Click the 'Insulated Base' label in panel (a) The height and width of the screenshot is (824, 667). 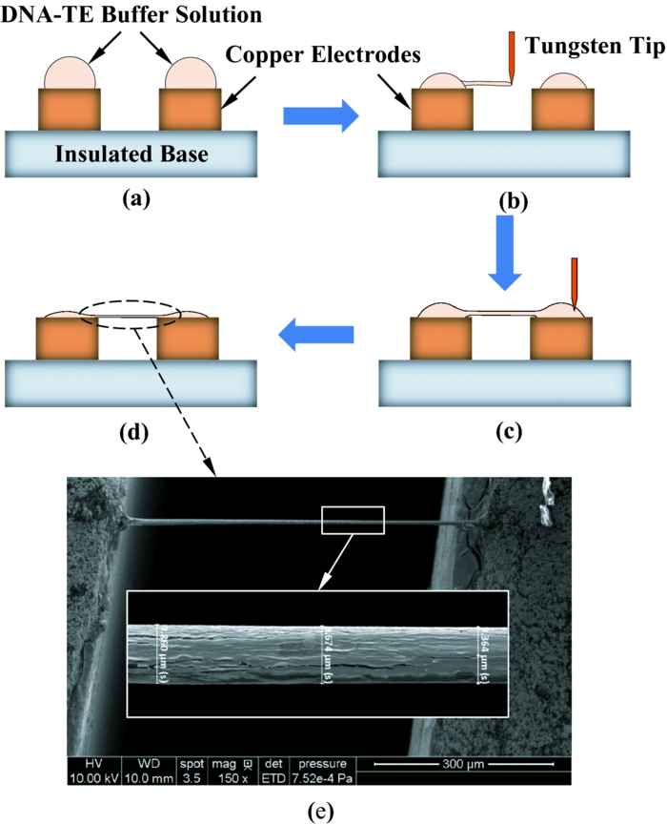point(130,153)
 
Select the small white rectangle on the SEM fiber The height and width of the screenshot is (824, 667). point(353,521)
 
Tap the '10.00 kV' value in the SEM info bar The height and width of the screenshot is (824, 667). point(91,777)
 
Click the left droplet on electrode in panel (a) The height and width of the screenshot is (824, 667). point(69,72)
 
